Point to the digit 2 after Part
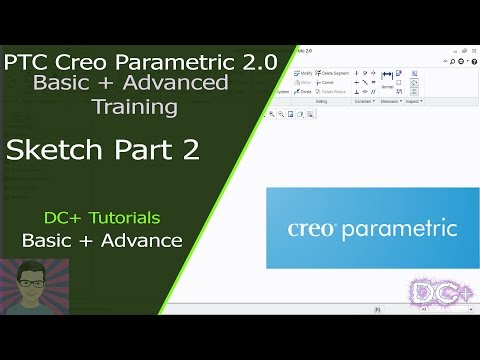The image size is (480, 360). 189,151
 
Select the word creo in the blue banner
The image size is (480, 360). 315,229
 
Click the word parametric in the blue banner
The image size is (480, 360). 399,229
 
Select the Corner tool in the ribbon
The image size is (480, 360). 326,82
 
